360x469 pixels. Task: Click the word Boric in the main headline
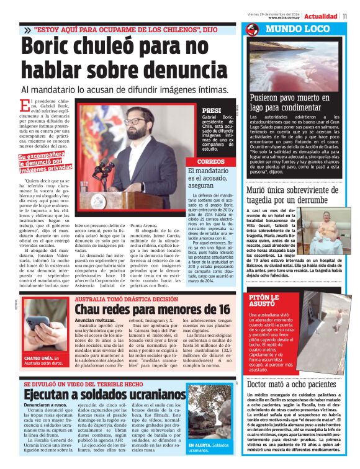(52, 47)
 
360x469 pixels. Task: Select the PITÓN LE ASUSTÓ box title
(266, 301)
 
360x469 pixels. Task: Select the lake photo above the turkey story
(299, 65)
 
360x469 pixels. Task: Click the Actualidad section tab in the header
(320, 16)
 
